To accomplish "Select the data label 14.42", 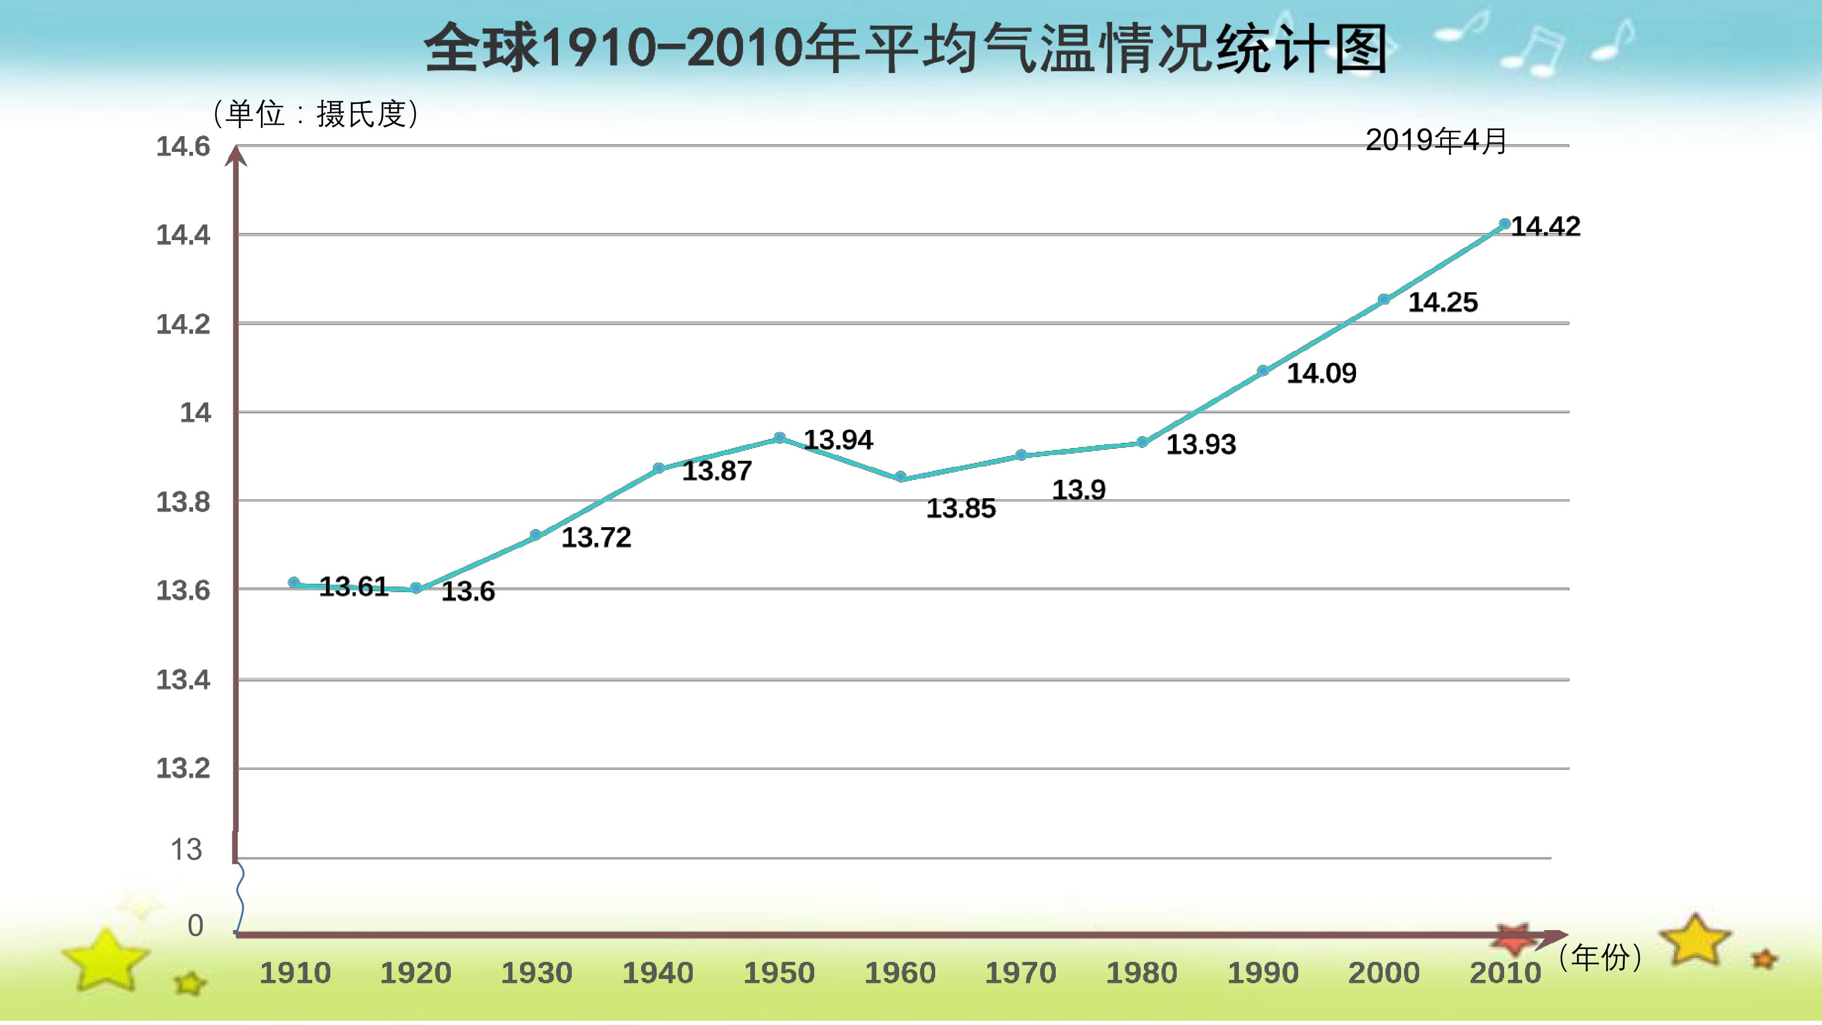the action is click(x=1545, y=226).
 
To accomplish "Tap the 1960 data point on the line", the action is click(x=901, y=477).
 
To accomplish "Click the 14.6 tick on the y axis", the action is click(x=183, y=147).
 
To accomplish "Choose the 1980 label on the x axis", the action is click(x=1142, y=973).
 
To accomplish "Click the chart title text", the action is click(x=905, y=48).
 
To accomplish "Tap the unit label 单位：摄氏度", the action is click(x=316, y=113).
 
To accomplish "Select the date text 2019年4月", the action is click(x=1436, y=141).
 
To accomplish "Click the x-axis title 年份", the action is click(x=1600, y=957).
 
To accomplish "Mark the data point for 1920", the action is click(x=417, y=588).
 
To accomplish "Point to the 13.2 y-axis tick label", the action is click(x=183, y=768).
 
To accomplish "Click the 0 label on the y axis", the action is click(x=195, y=925).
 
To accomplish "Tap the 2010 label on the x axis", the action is click(x=1505, y=973).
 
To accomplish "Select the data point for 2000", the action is click(x=1384, y=300).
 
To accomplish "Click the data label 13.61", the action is click(x=353, y=587).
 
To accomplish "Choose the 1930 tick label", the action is click(x=537, y=973).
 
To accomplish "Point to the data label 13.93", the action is click(x=1201, y=444).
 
